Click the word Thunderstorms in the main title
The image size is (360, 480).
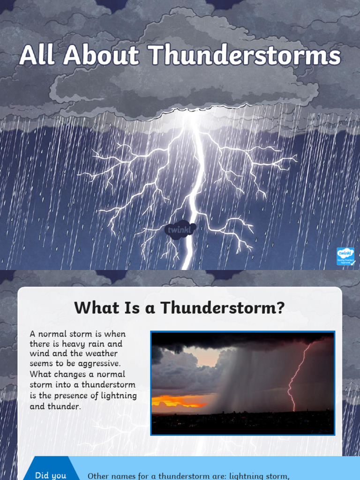tap(245, 56)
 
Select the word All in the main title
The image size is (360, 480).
tap(39, 56)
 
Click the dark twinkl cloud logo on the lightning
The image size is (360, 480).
tap(180, 230)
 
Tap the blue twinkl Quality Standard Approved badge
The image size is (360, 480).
tap(345, 256)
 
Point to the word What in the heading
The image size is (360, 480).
tap(93, 308)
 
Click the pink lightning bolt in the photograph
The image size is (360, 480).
tap(297, 375)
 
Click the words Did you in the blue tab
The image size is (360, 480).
tap(51, 475)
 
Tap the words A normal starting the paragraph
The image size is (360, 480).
tap(52, 334)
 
